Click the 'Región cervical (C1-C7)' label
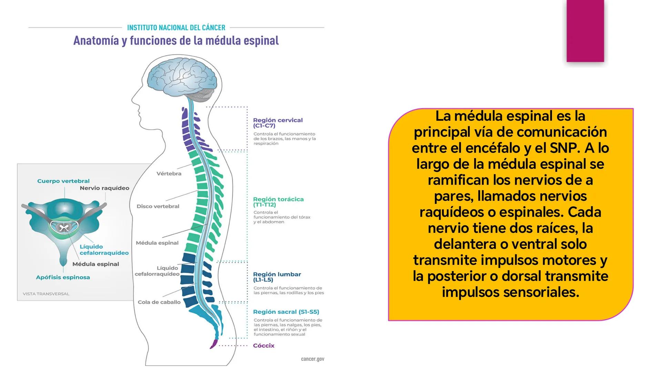click(x=278, y=123)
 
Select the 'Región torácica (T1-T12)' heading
click(x=278, y=202)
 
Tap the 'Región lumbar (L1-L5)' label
click(x=277, y=277)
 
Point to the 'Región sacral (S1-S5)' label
click(x=286, y=312)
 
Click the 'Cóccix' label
click(x=264, y=345)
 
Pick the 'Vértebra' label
click(x=169, y=174)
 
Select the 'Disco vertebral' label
click(x=158, y=206)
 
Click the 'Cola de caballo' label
click(x=159, y=302)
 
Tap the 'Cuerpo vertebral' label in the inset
click(x=63, y=181)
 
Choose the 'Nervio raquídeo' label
click(x=104, y=188)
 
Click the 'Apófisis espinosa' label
click(x=63, y=277)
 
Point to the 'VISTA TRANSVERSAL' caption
click(x=46, y=294)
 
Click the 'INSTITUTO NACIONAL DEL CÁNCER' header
click(x=176, y=28)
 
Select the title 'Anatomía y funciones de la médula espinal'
click(x=176, y=41)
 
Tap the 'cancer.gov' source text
click(x=313, y=359)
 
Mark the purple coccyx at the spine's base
click(x=214, y=344)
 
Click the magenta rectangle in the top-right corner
click(x=585, y=31)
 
